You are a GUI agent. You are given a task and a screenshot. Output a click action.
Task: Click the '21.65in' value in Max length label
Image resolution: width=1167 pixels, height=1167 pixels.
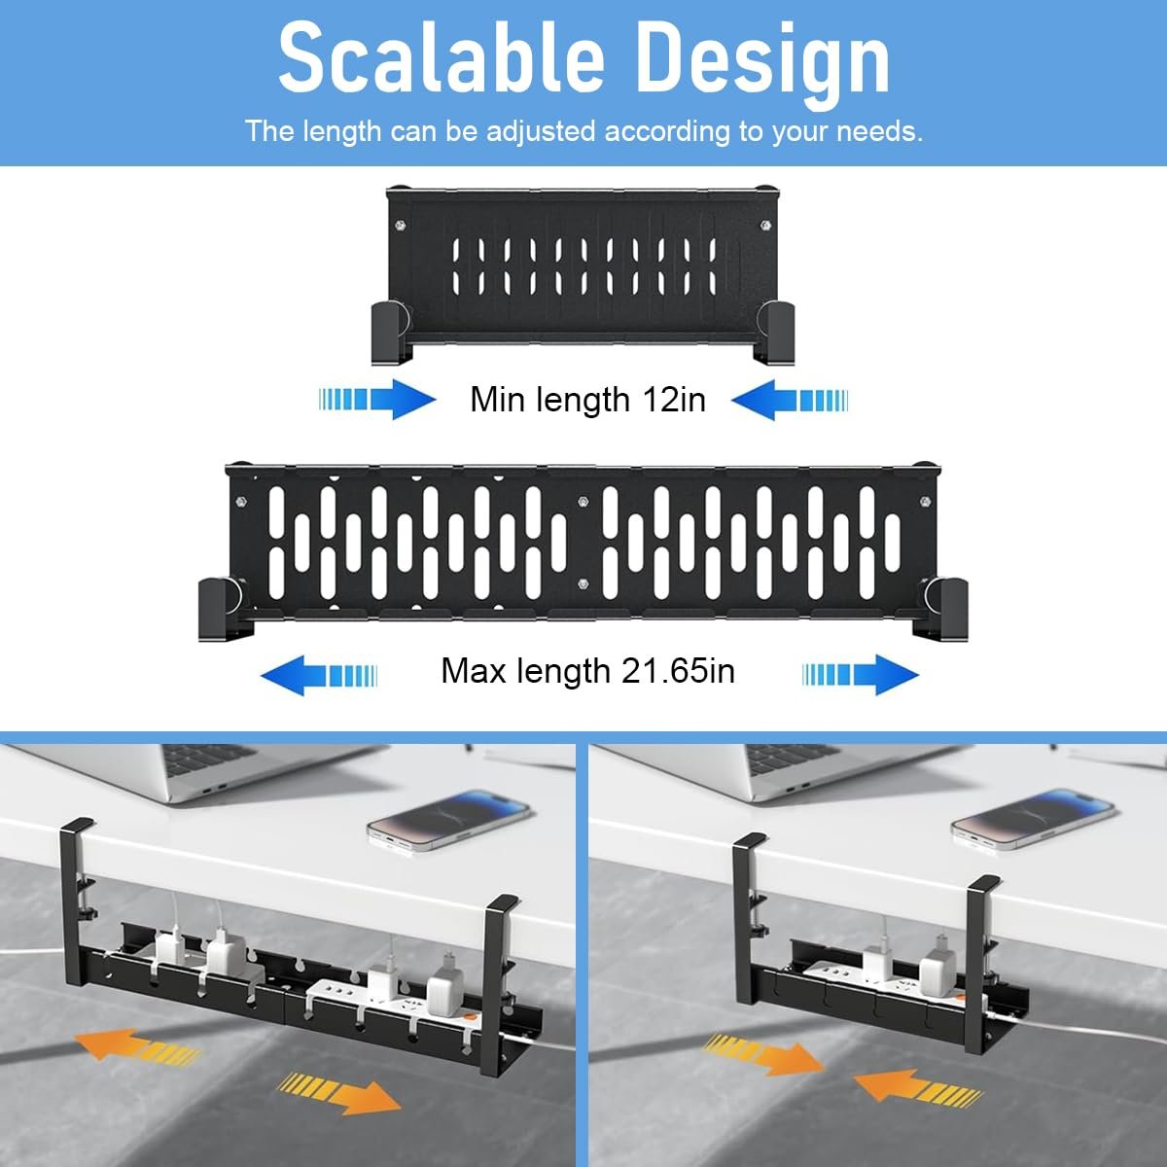click(678, 671)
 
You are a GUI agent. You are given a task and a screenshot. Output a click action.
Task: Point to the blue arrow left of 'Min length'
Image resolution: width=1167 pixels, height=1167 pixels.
click(377, 399)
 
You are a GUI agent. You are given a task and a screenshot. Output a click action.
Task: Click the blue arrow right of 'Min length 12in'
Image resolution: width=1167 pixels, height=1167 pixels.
click(790, 400)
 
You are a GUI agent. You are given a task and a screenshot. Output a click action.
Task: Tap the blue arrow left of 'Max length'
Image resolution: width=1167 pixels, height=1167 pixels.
click(319, 675)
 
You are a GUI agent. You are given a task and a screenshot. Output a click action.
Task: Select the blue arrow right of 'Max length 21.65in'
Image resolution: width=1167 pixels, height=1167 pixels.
click(861, 674)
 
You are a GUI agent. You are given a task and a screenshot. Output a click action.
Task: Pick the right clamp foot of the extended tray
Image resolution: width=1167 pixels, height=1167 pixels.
click(940, 608)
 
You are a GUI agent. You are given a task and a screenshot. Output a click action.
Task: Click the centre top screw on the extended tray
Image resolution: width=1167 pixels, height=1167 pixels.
click(583, 502)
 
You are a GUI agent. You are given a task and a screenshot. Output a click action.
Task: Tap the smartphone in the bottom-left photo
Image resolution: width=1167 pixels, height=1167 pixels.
click(448, 820)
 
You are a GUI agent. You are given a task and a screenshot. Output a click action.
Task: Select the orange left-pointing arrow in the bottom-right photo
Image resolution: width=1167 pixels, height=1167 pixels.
click(917, 1087)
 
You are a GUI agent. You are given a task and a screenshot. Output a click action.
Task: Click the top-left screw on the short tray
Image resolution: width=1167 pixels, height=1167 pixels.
click(400, 226)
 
